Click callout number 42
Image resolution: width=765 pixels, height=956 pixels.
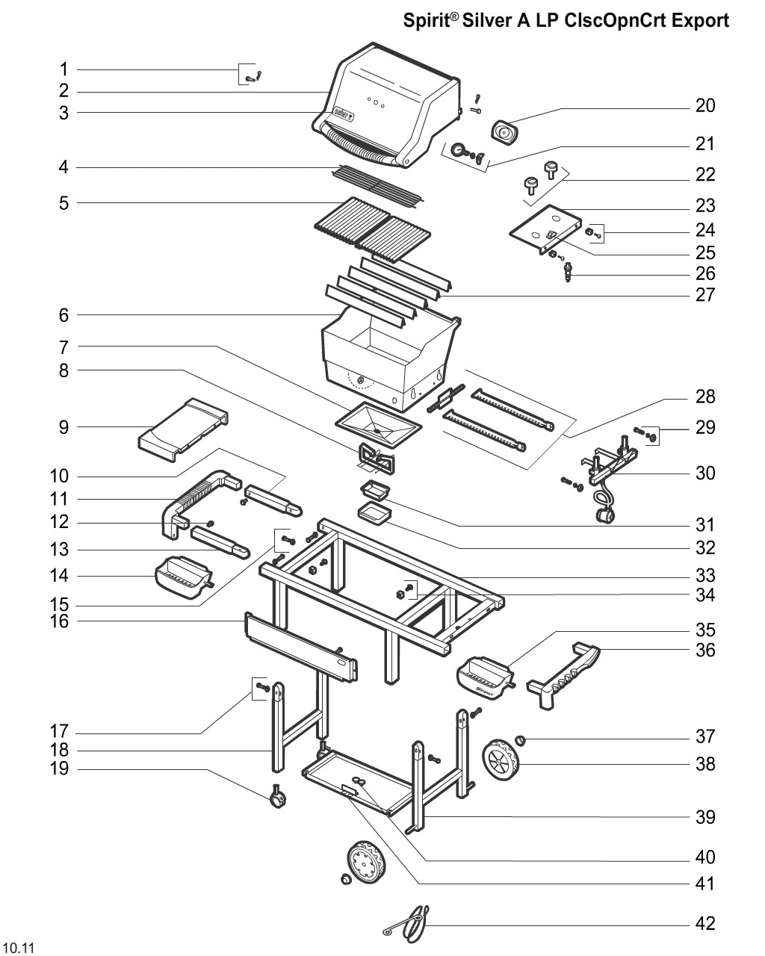point(704,923)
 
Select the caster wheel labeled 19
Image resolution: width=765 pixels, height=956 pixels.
point(278,799)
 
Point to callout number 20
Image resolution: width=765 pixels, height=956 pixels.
point(704,106)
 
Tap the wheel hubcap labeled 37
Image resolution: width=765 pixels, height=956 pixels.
point(521,741)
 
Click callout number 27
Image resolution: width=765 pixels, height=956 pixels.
point(704,295)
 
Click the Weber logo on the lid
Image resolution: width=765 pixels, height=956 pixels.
point(343,116)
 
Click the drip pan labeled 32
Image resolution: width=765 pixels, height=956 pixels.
point(375,513)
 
